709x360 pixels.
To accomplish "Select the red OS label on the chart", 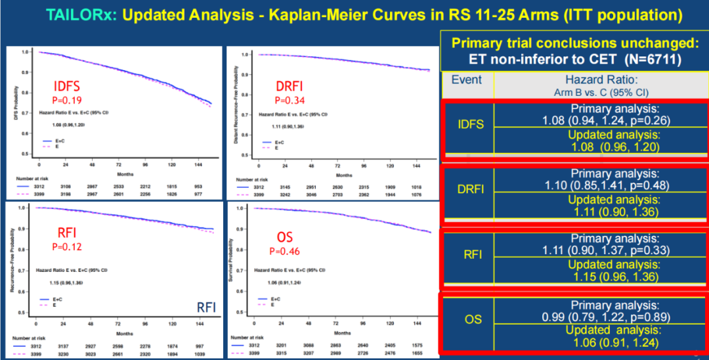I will click(x=284, y=236).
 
